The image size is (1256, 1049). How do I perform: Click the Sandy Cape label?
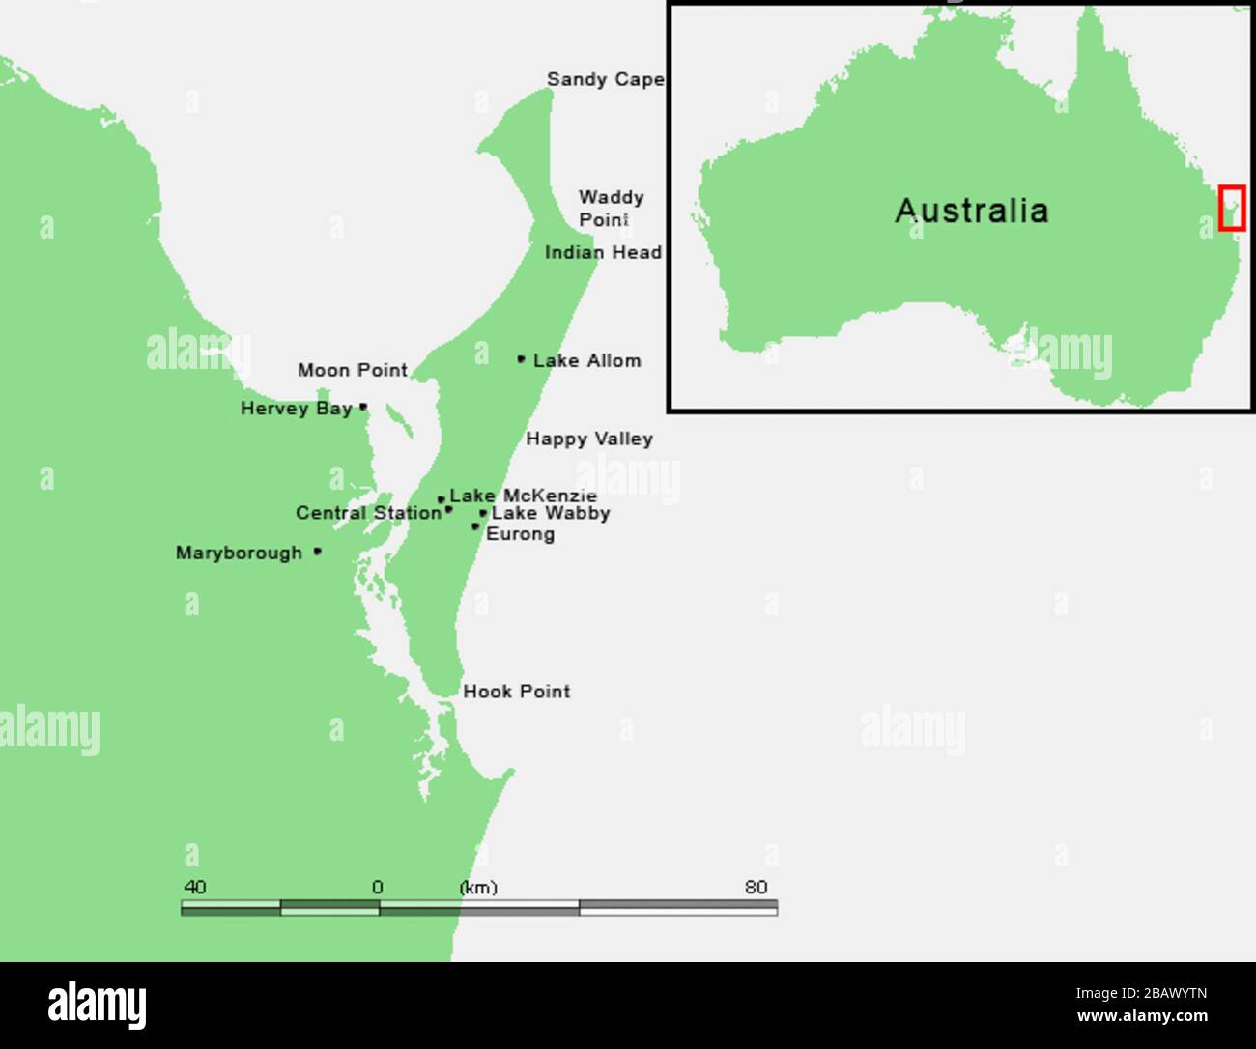(x=605, y=79)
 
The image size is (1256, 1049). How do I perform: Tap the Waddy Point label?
(x=611, y=209)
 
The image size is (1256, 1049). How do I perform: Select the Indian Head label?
(x=603, y=253)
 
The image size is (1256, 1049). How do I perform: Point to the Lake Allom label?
(x=586, y=361)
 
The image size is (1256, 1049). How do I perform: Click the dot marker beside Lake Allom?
(x=521, y=359)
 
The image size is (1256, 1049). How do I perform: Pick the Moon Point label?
(x=352, y=371)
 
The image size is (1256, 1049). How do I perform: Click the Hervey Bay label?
(x=296, y=409)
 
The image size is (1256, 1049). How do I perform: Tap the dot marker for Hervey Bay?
(x=363, y=408)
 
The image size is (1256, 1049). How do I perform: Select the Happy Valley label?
(x=589, y=439)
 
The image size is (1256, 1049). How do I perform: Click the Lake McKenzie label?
(x=523, y=496)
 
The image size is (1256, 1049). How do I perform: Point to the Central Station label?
(x=368, y=513)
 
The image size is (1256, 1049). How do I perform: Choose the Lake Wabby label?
(x=551, y=514)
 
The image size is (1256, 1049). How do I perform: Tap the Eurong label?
(x=520, y=534)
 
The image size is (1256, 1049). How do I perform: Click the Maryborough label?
(x=239, y=553)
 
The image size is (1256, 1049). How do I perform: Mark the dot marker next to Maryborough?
(x=318, y=552)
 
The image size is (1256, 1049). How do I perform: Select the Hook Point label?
(x=517, y=692)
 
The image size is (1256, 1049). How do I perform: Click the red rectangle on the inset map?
(x=1231, y=208)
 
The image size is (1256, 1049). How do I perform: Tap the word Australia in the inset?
(x=971, y=211)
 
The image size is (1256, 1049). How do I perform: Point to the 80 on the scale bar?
(x=756, y=887)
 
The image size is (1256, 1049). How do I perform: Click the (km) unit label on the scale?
(x=478, y=888)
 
